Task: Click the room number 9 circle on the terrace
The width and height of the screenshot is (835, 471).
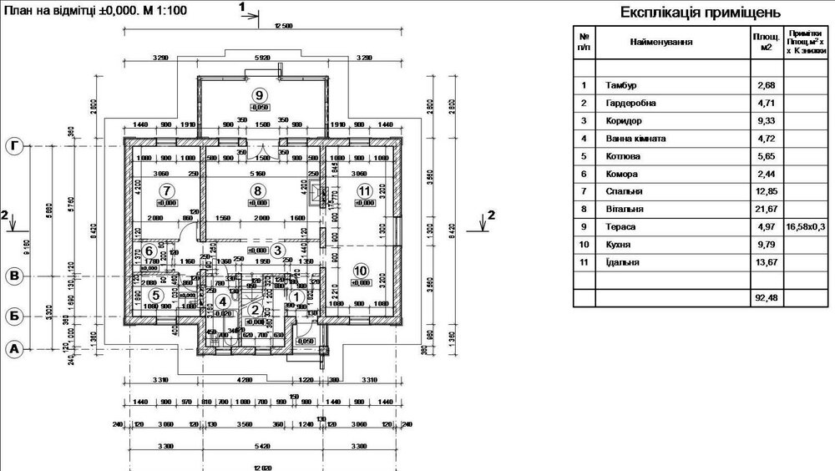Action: tap(260, 94)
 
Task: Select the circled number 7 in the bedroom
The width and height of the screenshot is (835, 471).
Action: tap(166, 190)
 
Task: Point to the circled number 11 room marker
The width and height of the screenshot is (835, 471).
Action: tap(364, 190)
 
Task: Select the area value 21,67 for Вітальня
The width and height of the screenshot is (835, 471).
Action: tap(766, 209)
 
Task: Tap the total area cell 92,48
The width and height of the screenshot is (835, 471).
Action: tap(766, 297)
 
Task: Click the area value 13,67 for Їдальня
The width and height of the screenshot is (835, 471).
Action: tap(766, 262)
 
